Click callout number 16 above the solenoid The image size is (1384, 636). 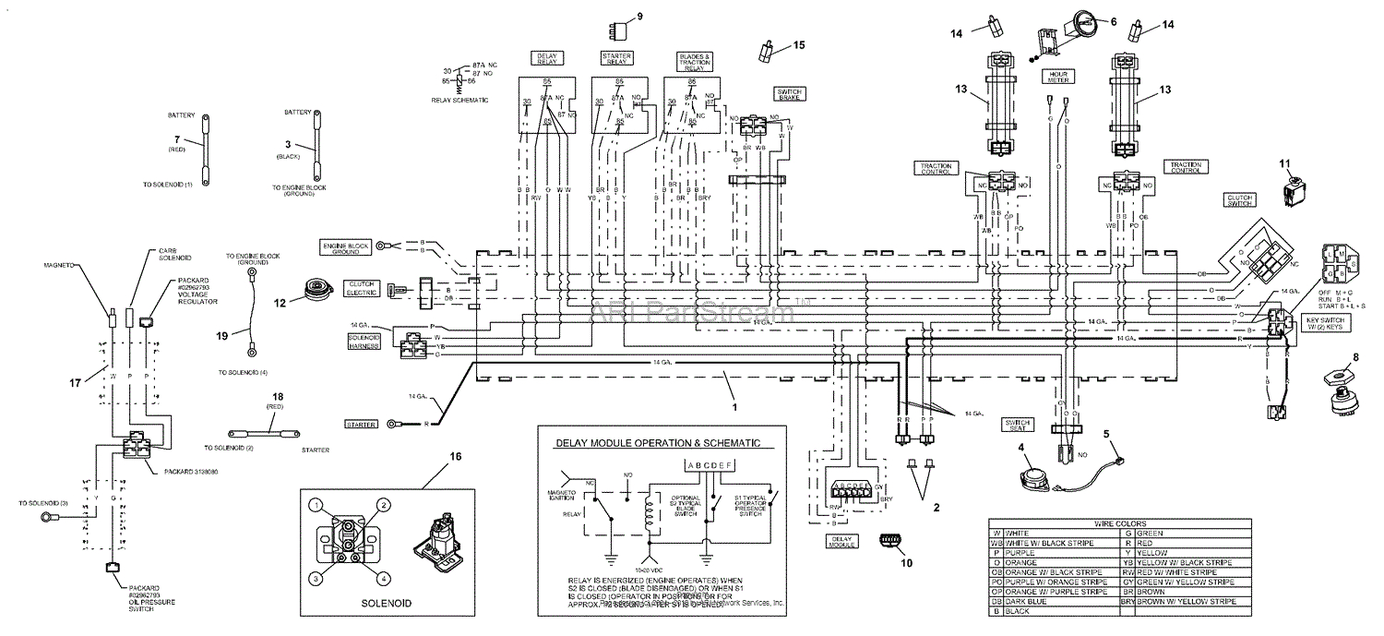click(x=456, y=456)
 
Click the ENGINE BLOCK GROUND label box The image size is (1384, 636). click(x=346, y=246)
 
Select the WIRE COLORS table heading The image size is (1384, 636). click(x=1118, y=522)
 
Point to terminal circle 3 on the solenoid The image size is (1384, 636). click(x=316, y=578)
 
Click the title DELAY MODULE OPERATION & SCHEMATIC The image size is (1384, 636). click(x=658, y=443)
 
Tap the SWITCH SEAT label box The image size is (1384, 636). click(x=1017, y=425)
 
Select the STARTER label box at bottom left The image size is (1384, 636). click(x=361, y=424)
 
